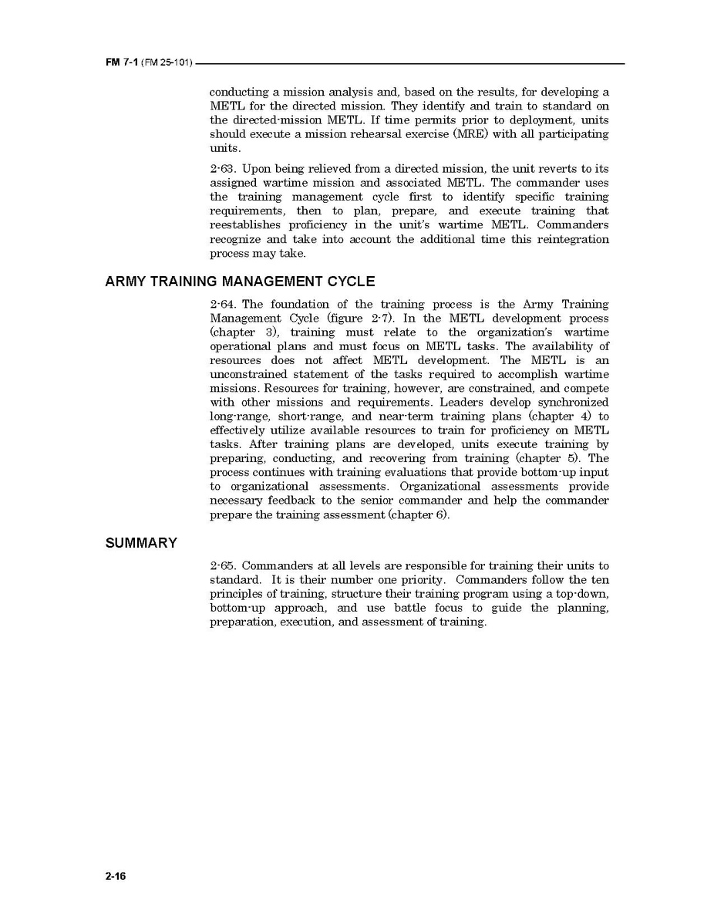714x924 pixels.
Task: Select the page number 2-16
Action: click(116, 876)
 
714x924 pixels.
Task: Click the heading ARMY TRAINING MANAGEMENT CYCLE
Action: click(240, 282)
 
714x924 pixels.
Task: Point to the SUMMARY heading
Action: click(141, 543)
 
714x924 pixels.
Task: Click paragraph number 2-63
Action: click(222, 169)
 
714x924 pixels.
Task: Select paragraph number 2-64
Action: click(222, 305)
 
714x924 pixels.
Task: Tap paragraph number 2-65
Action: click(222, 566)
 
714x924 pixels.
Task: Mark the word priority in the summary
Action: click(421, 580)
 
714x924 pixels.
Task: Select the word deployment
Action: click(530, 120)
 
